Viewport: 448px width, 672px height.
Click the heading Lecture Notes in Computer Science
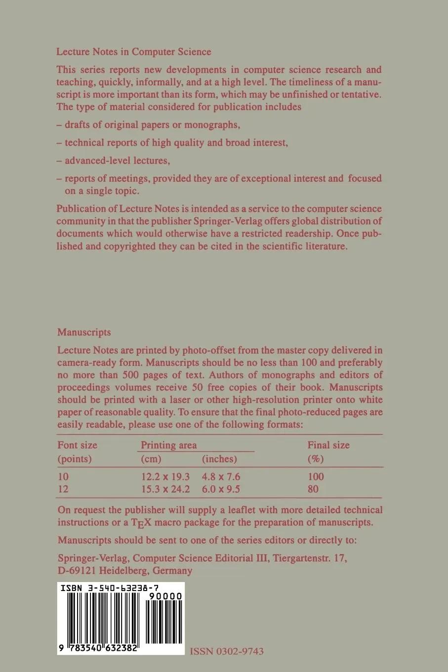(134, 52)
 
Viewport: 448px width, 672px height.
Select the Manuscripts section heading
(84, 333)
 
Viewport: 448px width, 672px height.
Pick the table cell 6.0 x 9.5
(221, 490)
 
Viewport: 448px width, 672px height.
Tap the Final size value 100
(316, 477)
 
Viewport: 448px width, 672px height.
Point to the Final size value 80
(313, 490)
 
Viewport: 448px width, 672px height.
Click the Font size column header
(78, 445)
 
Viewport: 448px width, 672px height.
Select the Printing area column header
(169, 445)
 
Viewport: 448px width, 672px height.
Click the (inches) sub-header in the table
(220, 459)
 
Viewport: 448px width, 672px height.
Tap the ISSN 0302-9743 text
(227, 651)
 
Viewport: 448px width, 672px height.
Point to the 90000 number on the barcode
(165, 597)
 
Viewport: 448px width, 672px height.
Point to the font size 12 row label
(63, 490)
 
